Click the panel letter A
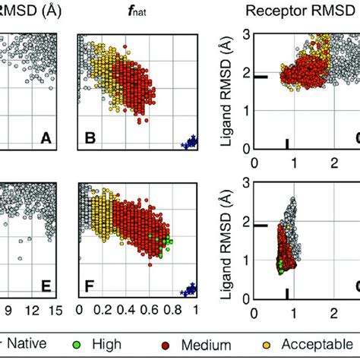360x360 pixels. (x=46, y=138)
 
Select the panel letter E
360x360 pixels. (x=46, y=287)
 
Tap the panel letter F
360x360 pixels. (x=90, y=287)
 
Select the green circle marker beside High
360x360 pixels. (x=96, y=343)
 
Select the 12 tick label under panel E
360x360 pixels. (x=33, y=311)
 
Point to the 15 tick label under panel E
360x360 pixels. (x=60, y=311)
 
